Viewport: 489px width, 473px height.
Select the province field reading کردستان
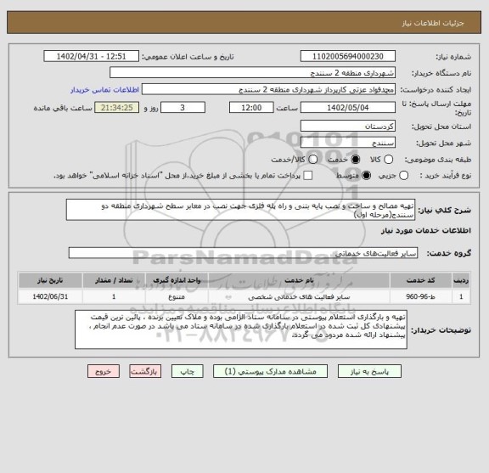[348, 126]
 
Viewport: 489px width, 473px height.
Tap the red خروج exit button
[103, 371]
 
